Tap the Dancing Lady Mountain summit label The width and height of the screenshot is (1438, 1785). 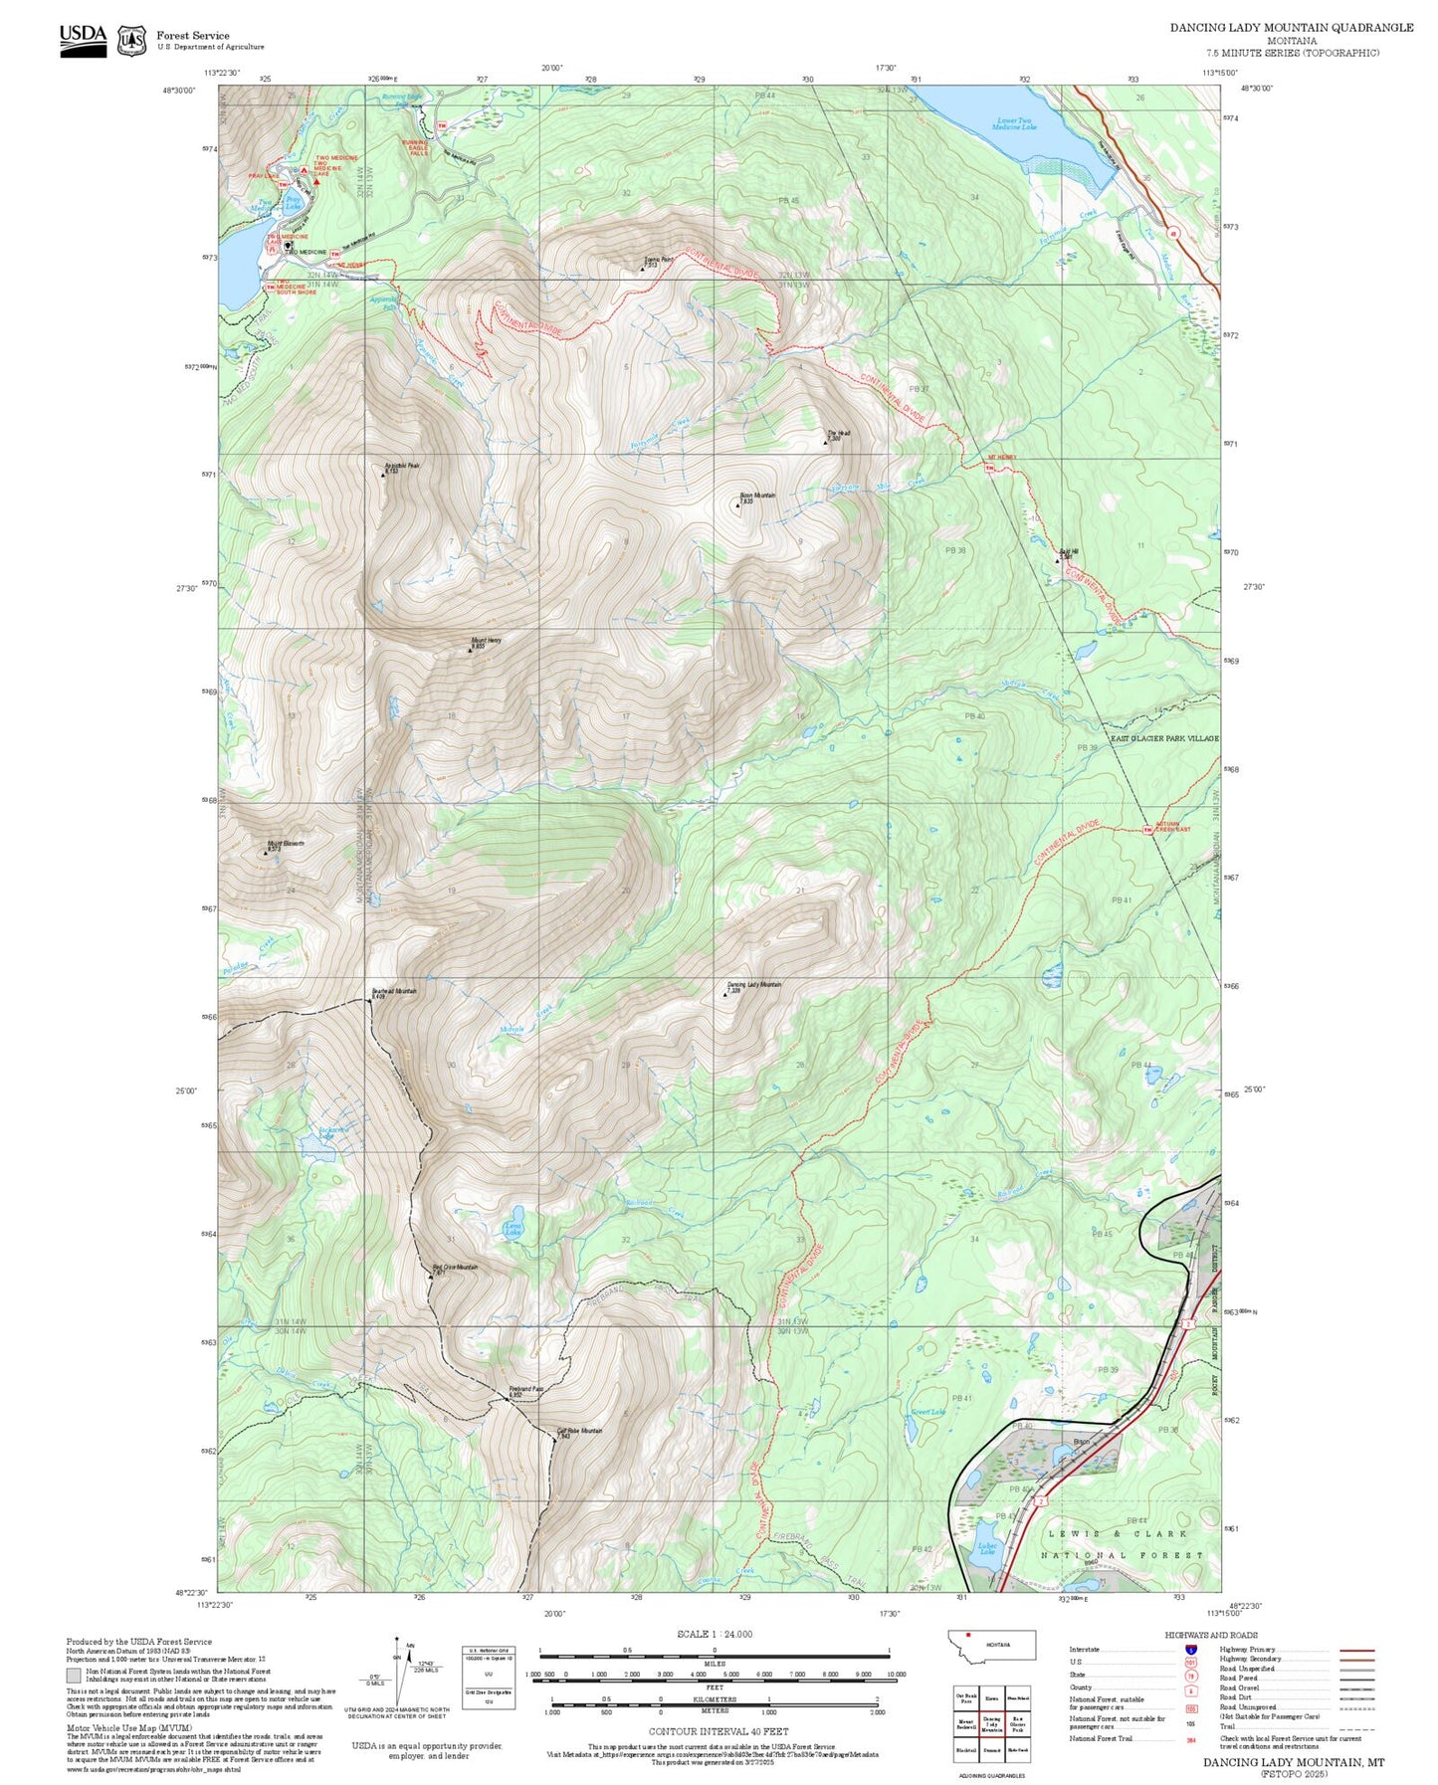753,984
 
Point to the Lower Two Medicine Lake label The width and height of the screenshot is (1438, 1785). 1014,124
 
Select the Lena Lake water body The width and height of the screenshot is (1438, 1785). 514,1231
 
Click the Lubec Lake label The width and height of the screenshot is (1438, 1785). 986,1549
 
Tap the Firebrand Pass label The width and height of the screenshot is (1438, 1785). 525,1389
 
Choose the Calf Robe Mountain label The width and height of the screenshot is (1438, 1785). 578,1431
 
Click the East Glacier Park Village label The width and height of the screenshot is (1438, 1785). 1163,738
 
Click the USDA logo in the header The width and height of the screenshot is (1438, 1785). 83,39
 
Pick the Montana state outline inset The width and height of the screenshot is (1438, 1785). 991,1644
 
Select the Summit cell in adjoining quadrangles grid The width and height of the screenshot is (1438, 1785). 991,1749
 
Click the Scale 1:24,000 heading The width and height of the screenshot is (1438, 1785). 715,1634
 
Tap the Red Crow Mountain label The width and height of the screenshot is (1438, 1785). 455,1268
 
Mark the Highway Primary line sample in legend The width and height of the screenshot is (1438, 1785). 1357,1650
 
